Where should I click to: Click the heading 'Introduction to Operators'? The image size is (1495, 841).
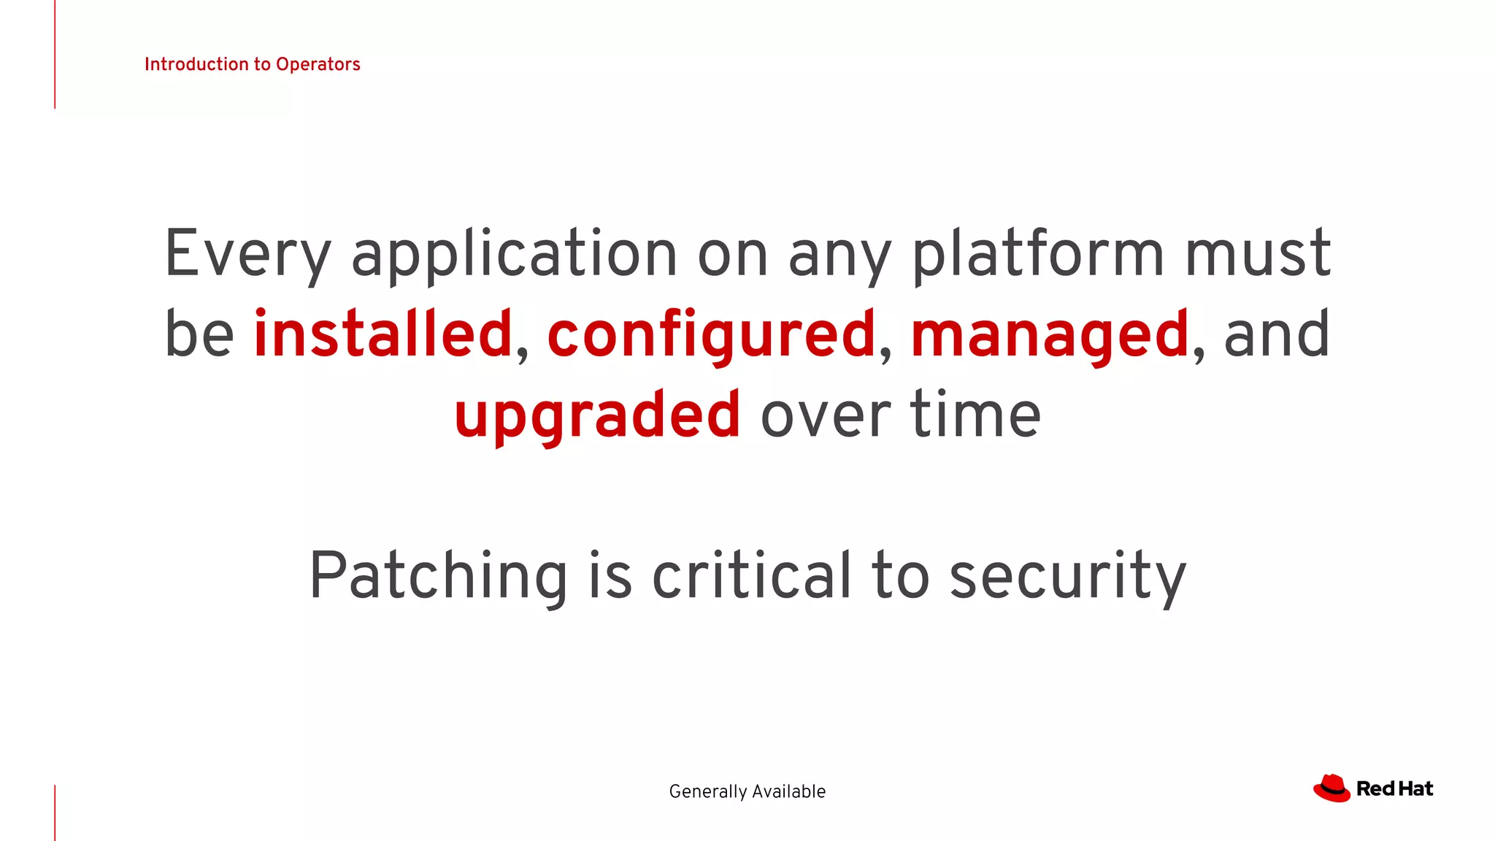pos(252,64)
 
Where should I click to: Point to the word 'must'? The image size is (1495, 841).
pos(1257,254)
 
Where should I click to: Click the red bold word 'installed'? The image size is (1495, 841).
pos(383,334)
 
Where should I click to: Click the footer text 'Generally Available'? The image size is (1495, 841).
pos(747,791)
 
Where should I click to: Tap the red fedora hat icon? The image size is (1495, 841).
pos(1331,788)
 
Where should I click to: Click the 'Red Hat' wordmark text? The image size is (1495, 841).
pos(1394,789)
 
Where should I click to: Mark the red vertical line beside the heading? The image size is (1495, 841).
pos(55,54)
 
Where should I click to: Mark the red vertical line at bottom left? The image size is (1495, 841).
pos(55,812)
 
